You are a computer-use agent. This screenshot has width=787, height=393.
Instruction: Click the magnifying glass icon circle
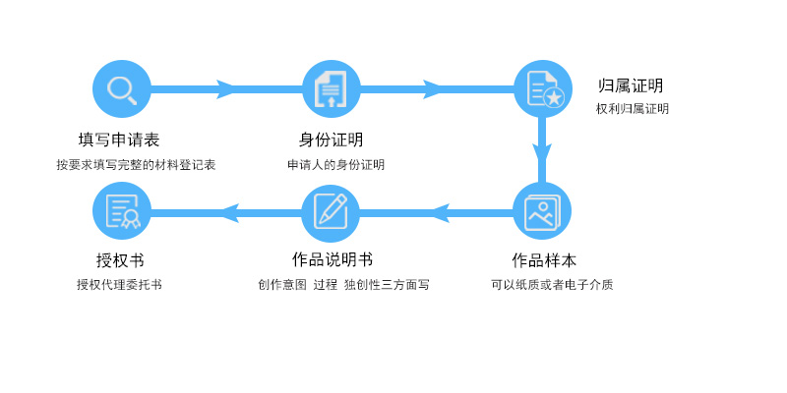point(122,89)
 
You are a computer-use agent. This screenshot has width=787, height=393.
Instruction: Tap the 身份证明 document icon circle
point(331,89)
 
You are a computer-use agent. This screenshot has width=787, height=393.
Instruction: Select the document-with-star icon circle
point(543,89)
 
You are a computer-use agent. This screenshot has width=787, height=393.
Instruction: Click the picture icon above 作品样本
point(543,211)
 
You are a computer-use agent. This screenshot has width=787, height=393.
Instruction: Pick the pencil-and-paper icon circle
point(331,211)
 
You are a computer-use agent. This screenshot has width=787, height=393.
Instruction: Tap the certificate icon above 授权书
point(122,211)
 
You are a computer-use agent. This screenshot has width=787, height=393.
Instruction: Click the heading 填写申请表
point(119,140)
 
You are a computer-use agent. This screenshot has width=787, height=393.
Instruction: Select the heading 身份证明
point(332,140)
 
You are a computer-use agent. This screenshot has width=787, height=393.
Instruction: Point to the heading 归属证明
point(631,85)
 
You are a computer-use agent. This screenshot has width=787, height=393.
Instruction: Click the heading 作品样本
point(544,260)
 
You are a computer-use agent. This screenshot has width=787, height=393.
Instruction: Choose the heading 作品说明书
point(333,259)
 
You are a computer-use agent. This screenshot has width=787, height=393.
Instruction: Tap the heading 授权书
point(120,260)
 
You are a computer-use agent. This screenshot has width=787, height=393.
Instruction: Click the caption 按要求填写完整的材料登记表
point(136,165)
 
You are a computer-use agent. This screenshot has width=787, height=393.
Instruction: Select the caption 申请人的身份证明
point(335,165)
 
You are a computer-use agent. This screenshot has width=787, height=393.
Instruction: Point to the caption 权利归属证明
point(633,109)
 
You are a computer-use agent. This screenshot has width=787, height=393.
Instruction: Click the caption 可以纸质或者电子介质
point(552,285)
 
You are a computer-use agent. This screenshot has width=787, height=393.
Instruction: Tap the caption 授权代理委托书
point(119,285)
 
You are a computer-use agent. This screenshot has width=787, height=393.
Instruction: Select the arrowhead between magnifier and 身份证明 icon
point(225,89)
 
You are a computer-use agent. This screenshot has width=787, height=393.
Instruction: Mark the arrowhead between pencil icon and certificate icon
point(230,212)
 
